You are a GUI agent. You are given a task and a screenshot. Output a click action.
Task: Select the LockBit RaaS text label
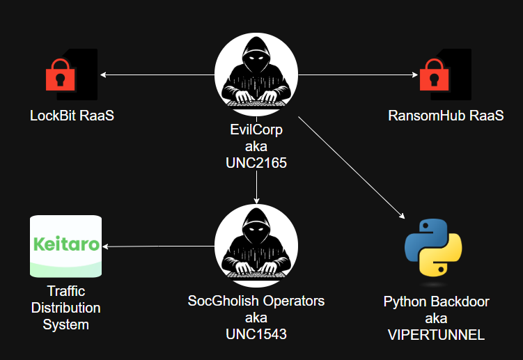pyautogui.click(x=72, y=116)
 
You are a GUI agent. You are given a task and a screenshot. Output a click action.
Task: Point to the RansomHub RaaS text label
pyautogui.click(x=446, y=116)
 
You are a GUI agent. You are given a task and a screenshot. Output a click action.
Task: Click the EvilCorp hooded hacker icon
pyautogui.click(x=256, y=75)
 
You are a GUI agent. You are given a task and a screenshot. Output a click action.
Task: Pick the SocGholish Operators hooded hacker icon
pyautogui.click(x=256, y=246)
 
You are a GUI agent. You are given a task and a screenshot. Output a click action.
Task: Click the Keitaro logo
pyautogui.click(x=66, y=246)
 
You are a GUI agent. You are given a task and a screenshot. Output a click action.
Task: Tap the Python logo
pyautogui.click(x=433, y=248)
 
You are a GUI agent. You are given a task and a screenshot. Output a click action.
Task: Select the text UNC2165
pyautogui.click(x=256, y=163)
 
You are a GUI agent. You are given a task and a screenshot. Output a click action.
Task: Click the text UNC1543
pyautogui.click(x=256, y=334)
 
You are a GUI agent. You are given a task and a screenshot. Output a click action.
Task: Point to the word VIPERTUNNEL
pyautogui.click(x=436, y=335)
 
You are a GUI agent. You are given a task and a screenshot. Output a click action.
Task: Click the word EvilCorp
pyautogui.click(x=256, y=130)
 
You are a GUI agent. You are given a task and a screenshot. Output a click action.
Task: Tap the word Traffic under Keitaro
pyautogui.click(x=66, y=291)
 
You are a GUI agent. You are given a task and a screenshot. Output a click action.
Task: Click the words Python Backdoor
pyautogui.click(x=436, y=302)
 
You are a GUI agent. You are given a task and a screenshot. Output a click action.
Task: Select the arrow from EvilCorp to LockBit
pyautogui.click(x=157, y=75)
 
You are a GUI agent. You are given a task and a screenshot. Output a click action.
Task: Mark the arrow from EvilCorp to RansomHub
pyautogui.click(x=358, y=75)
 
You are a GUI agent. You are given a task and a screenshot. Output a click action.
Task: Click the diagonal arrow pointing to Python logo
pyautogui.click(x=352, y=168)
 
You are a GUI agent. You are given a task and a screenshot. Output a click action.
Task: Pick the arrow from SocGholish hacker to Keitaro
pyautogui.click(x=159, y=246)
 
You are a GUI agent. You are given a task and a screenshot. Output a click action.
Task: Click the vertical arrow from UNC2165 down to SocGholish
pyautogui.click(x=256, y=187)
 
